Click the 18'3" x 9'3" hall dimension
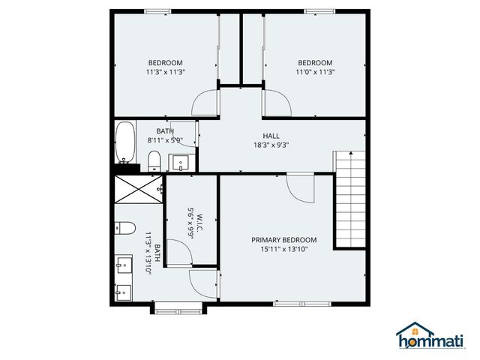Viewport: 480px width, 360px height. tap(271, 145)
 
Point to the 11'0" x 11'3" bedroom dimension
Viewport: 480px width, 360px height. tap(315, 72)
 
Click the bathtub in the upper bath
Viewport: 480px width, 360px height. tap(126, 143)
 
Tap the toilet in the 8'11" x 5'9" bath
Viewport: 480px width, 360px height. tap(153, 160)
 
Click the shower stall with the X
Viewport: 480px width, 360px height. tap(138, 188)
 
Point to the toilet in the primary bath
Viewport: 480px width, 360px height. tap(124, 228)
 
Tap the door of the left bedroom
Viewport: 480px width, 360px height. tap(204, 104)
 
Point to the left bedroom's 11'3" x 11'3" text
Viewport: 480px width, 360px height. tap(165, 72)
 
